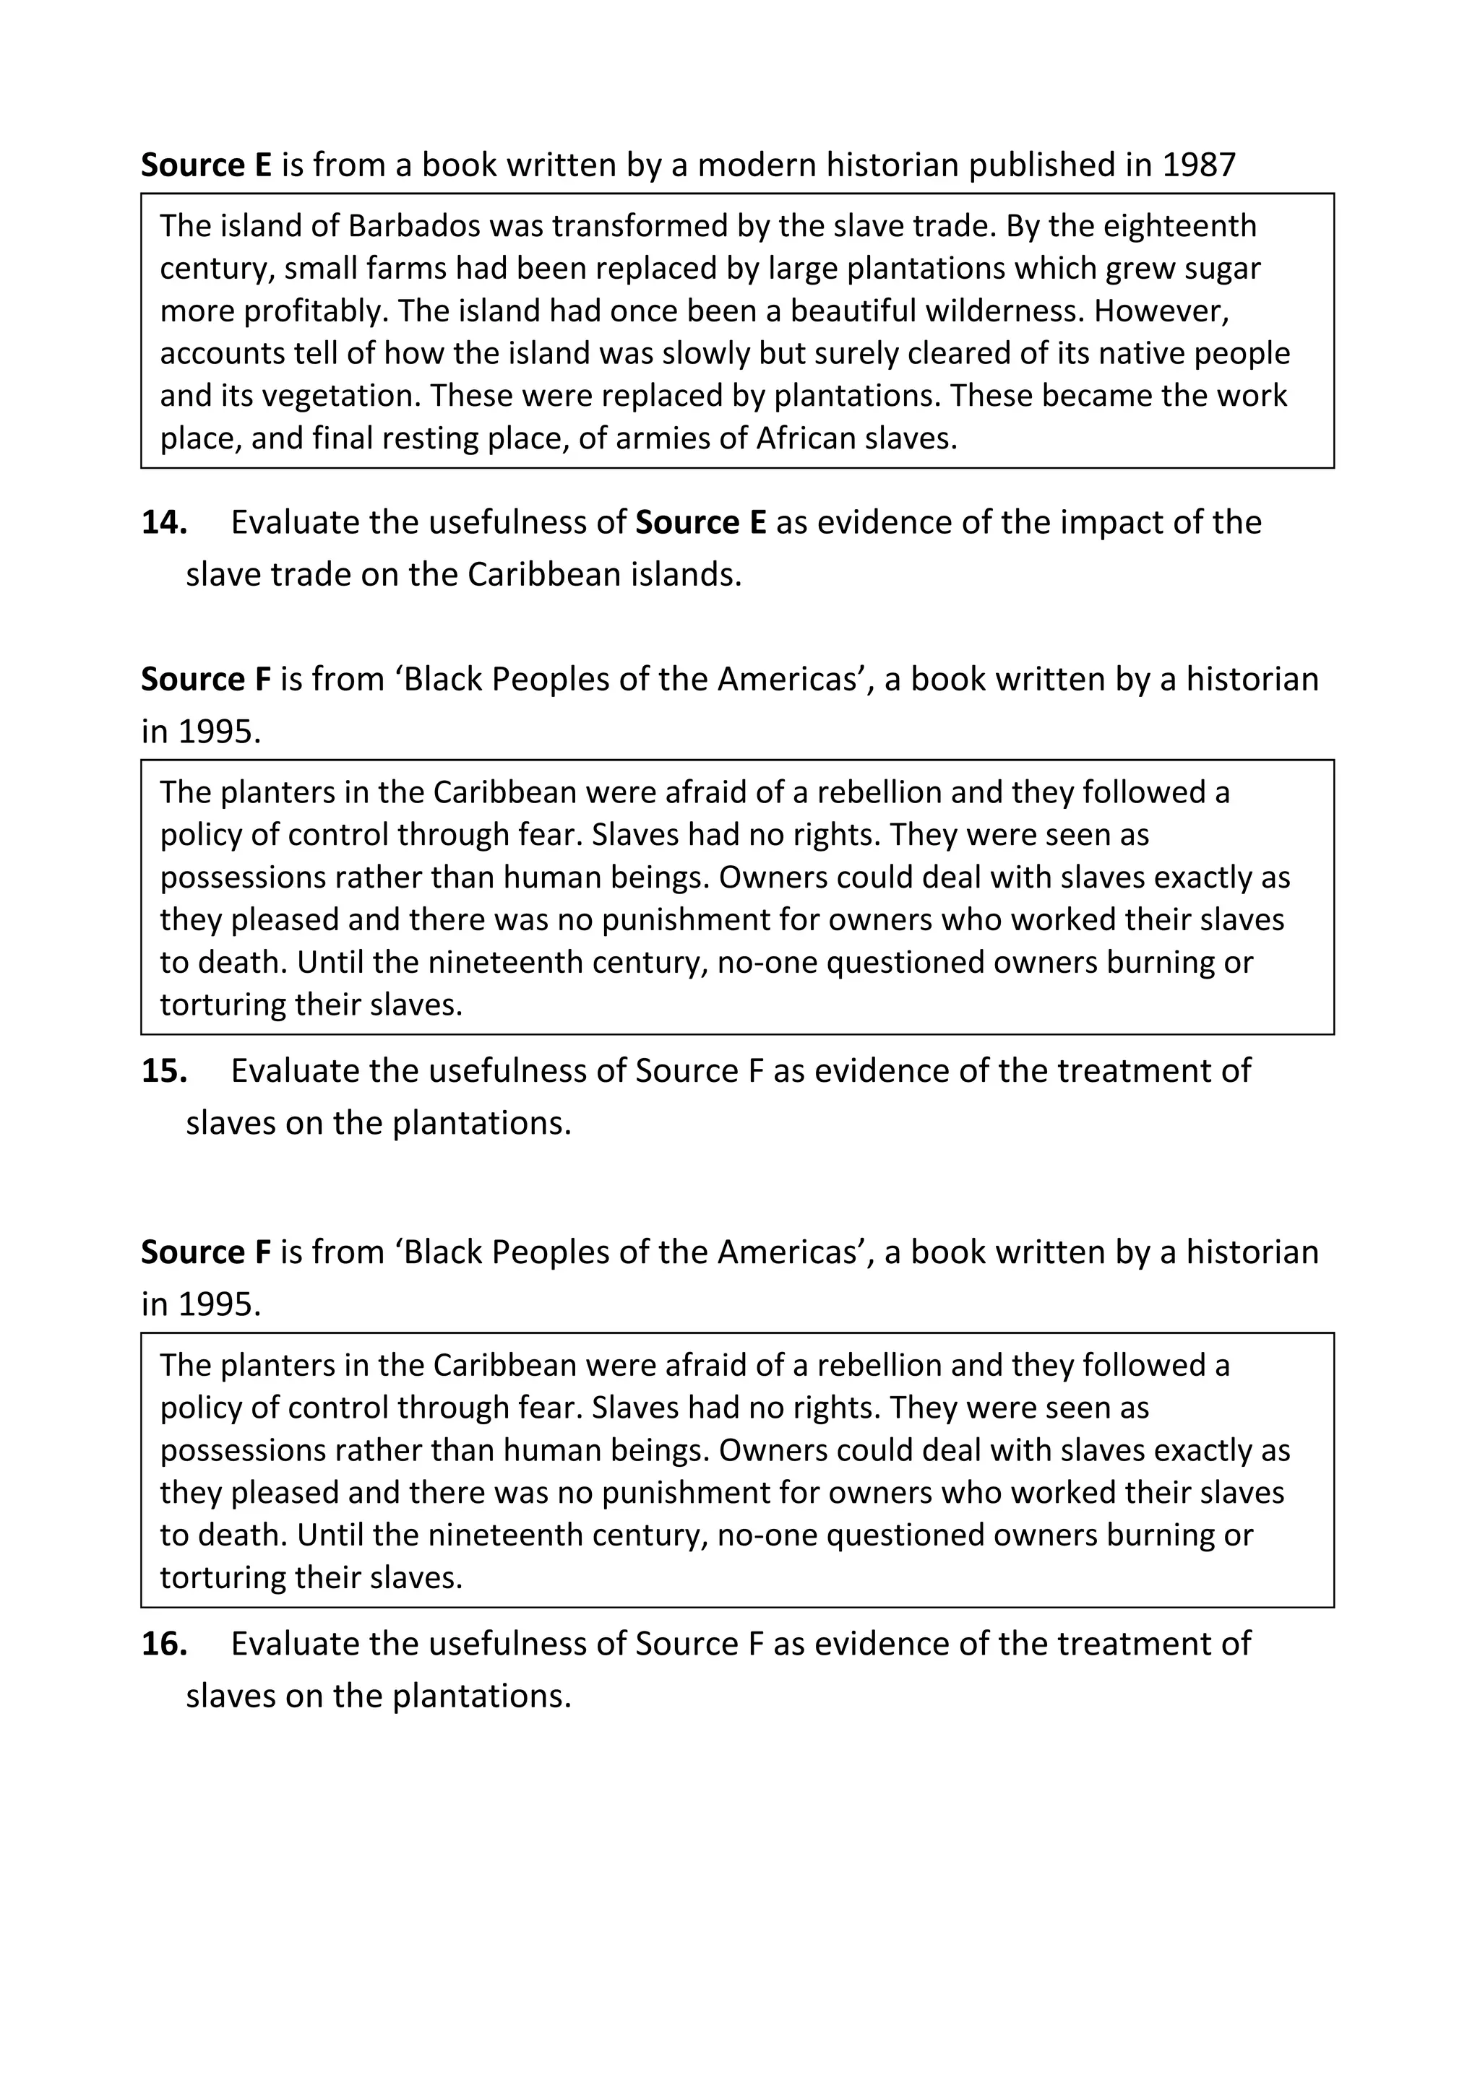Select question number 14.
[164, 522]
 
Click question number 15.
[164, 1070]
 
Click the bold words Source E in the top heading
[206, 165]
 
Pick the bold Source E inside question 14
[700, 522]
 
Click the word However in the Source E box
[1161, 311]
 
